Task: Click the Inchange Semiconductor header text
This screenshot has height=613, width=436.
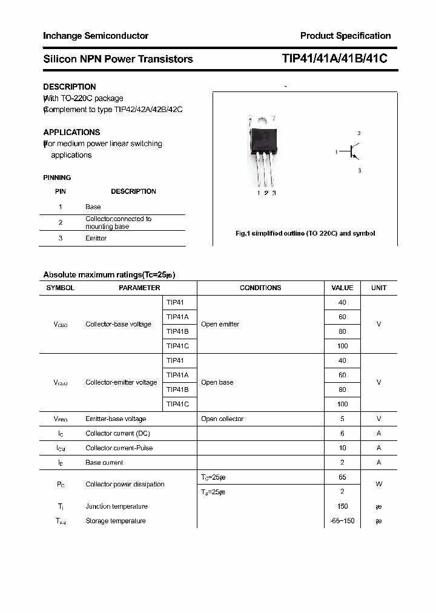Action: [x=96, y=36]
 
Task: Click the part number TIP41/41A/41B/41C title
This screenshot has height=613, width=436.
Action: [x=334, y=59]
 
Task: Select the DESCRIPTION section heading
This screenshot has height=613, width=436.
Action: [x=70, y=87]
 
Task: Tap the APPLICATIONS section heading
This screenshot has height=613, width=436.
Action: [x=71, y=132]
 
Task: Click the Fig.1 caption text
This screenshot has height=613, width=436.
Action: [x=305, y=233]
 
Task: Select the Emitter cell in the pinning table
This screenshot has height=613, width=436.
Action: [x=96, y=238]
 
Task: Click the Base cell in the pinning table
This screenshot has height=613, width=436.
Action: [x=93, y=207]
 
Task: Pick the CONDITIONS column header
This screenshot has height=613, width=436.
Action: [x=260, y=288]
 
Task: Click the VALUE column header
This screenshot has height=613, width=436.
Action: [x=342, y=288]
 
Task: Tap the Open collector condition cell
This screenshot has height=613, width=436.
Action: [x=222, y=419]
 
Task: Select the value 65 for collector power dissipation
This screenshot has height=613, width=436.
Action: [x=343, y=477]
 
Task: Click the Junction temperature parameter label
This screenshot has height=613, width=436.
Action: [x=116, y=506]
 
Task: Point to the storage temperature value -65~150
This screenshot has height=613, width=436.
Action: [x=343, y=521]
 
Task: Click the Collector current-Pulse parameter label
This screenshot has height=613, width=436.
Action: [x=119, y=448]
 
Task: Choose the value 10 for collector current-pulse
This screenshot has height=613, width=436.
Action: [x=343, y=448]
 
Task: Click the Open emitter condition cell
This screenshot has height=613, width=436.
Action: [x=220, y=324]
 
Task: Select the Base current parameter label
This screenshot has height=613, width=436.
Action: [x=104, y=462]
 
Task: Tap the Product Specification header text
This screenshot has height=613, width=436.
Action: [x=345, y=36]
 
